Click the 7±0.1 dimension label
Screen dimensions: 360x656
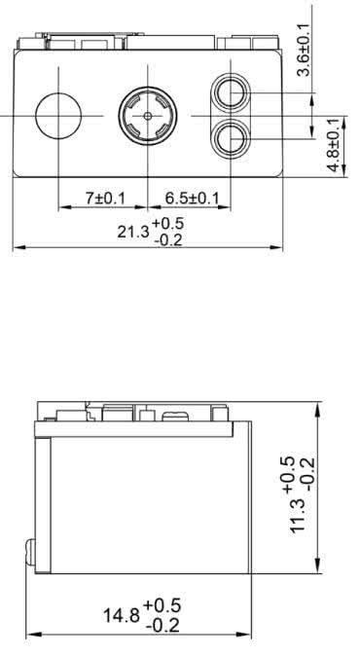click(x=105, y=199)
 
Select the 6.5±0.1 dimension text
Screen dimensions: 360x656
click(x=192, y=199)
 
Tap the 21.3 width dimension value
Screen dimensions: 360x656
click(x=133, y=230)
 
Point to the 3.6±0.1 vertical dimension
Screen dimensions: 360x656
click(x=304, y=50)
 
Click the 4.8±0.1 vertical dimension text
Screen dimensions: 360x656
click(x=334, y=145)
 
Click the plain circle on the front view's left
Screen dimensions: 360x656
click(x=58, y=116)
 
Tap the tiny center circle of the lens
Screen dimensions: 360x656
click(x=147, y=116)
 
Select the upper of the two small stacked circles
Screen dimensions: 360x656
click(x=231, y=92)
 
